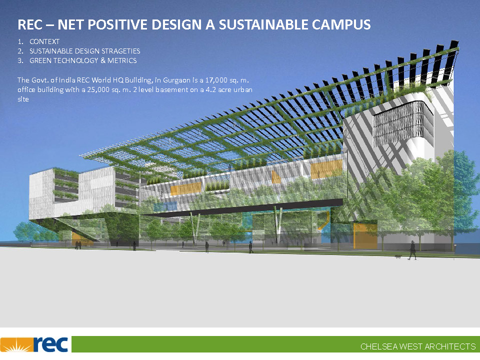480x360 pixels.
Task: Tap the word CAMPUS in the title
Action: point(341,25)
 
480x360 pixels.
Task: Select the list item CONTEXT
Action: point(44,41)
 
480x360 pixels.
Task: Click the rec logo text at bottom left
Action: point(50,344)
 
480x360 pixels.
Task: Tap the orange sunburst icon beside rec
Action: point(16,344)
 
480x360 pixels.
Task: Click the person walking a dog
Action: point(412,250)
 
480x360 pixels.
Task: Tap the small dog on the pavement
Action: point(397,257)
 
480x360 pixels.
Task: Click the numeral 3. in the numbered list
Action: point(20,60)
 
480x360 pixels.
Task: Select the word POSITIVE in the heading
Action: point(118,25)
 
